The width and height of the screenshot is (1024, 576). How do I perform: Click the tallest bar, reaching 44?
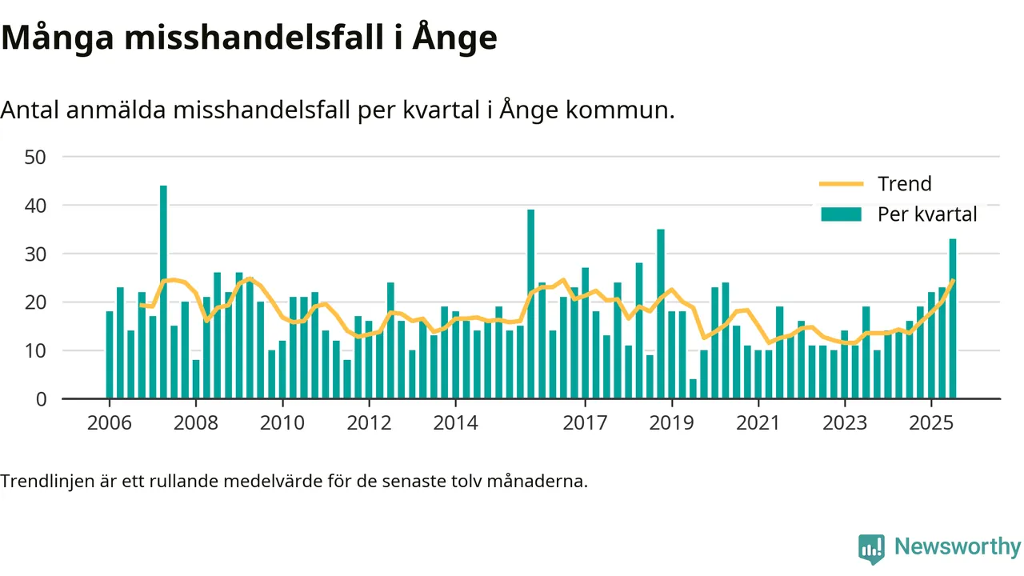(x=163, y=292)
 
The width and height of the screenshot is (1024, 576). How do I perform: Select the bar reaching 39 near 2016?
(x=530, y=304)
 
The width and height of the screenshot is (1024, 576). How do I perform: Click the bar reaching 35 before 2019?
(x=660, y=314)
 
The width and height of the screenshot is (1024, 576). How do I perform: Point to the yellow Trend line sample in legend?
(x=841, y=184)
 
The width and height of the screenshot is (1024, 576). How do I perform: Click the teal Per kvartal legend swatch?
(x=841, y=214)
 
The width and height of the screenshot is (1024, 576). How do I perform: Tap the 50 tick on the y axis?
(x=36, y=157)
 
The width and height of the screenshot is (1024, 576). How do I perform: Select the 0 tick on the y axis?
(x=42, y=399)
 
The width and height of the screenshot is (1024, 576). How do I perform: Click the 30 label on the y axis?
(x=36, y=254)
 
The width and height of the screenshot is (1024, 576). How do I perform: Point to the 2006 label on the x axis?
(x=110, y=422)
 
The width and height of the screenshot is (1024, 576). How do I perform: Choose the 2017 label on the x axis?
(x=585, y=422)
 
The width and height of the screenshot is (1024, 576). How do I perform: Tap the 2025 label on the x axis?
(x=931, y=422)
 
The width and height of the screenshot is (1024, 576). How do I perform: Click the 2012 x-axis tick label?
(x=369, y=422)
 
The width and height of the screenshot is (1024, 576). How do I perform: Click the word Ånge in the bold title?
(x=454, y=38)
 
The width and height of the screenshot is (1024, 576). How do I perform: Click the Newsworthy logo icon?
(x=871, y=549)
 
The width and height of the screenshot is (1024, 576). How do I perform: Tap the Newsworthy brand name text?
(x=958, y=547)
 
